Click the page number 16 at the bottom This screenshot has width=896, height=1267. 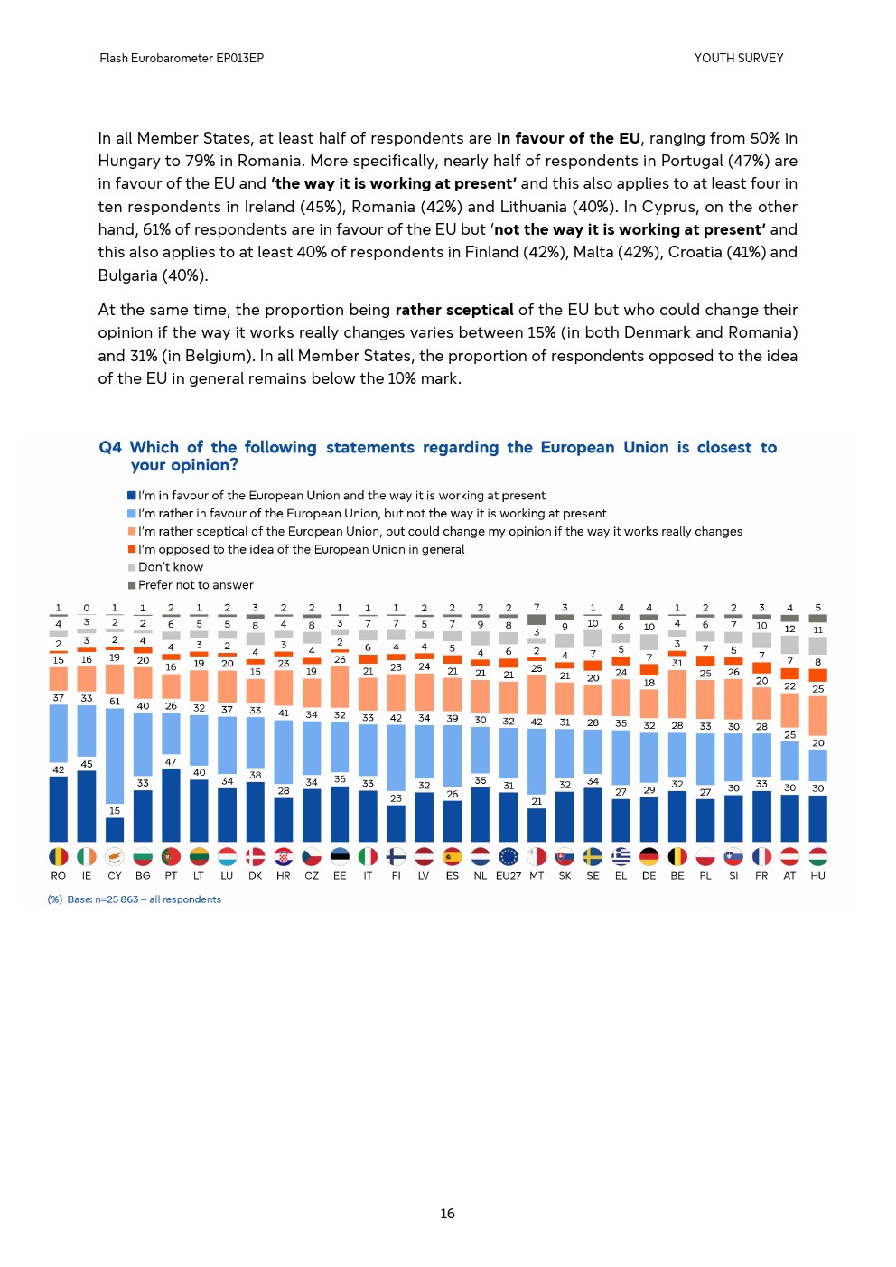click(x=447, y=1214)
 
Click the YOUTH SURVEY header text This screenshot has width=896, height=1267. click(x=738, y=58)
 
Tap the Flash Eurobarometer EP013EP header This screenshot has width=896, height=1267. click(x=182, y=58)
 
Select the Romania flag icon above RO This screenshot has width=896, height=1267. click(x=59, y=856)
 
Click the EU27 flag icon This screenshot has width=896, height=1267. click(x=509, y=856)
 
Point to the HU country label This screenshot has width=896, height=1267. click(x=817, y=875)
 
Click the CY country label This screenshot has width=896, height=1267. click(x=115, y=875)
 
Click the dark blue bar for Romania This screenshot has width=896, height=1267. click(x=59, y=809)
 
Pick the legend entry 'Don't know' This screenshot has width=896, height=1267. click(x=171, y=567)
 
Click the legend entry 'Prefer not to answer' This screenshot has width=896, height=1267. click(x=195, y=585)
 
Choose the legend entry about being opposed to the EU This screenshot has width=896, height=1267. click(x=301, y=549)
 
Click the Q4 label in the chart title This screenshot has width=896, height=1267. click(x=110, y=447)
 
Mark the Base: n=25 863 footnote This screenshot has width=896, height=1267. click(x=135, y=899)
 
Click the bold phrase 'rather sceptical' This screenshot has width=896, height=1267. click(x=454, y=310)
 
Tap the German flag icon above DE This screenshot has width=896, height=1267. click(x=649, y=856)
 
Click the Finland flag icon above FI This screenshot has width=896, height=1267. click(x=396, y=856)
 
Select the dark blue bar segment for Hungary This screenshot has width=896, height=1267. click(x=817, y=818)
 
